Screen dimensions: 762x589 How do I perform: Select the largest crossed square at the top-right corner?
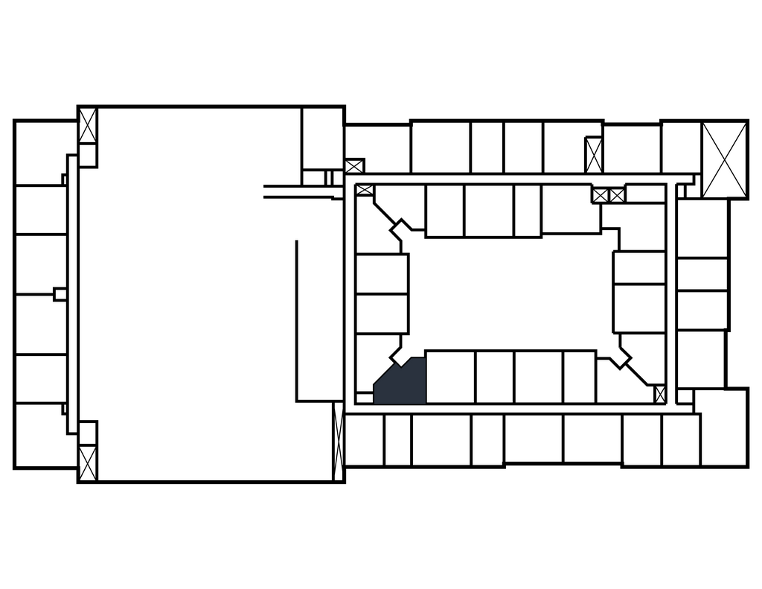point(724,159)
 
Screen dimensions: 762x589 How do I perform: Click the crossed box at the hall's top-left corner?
point(88,126)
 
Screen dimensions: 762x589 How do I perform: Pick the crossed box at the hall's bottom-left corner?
point(88,462)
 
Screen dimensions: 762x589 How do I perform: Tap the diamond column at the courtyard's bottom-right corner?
point(620,356)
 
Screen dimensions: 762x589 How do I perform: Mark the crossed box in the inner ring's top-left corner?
point(364,190)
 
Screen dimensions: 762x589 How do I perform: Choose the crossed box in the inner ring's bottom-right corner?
point(659,394)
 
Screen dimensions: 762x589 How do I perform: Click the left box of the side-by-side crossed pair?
point(601,195)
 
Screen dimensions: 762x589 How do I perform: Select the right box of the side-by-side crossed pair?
point(617,195)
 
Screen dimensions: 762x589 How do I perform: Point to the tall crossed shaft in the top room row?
point(594,155)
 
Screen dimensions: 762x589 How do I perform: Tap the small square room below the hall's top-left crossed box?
point(88,155)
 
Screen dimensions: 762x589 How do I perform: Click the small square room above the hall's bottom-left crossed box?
point(88,433)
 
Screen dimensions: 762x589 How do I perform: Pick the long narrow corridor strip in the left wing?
point(72,294)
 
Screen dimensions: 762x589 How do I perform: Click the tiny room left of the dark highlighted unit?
point(364,398)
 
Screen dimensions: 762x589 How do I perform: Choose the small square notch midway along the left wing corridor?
point(60,294)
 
